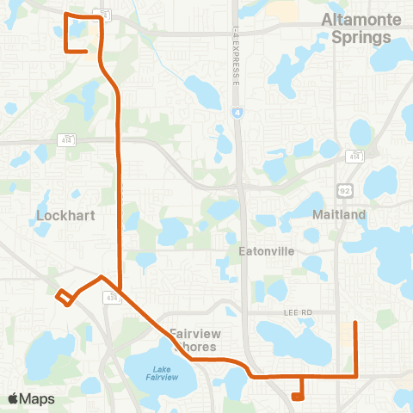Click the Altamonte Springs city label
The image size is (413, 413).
tap(356, 28)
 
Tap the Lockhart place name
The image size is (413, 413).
tap(59, 215)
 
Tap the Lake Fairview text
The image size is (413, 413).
tap(162, 373)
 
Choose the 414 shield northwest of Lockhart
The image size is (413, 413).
tap(65, 139)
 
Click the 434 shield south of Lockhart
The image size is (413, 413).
tap(111, 297)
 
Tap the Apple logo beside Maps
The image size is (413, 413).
tap(13, 398)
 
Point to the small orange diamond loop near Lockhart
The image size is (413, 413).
tap(64, 297)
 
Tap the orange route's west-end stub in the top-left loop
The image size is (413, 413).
tap(85, 52)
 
